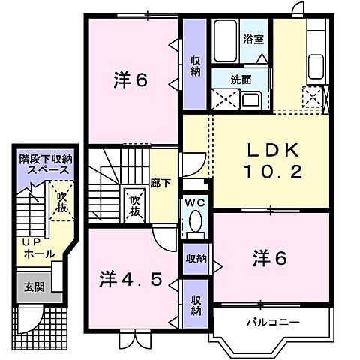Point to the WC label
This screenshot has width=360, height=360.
[x=194, y=202]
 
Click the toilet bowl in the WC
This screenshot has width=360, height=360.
[x=196, y=222]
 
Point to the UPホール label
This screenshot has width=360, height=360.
[x=38, y=249]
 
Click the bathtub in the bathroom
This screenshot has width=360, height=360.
[x=225, y=34]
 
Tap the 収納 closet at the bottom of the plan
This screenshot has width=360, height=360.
[x=195, y=306]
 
